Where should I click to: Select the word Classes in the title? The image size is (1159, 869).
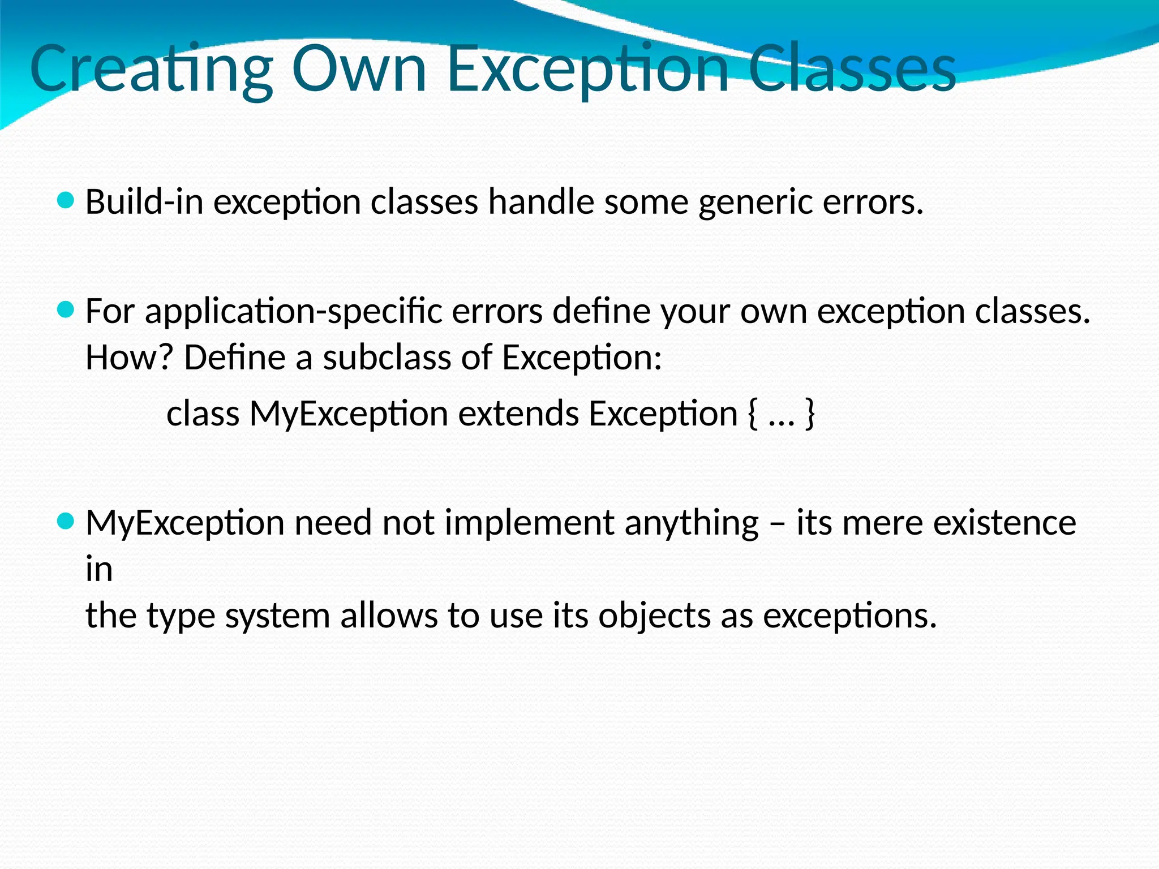[x=852, y=69]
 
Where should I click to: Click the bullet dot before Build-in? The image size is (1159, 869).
[x=66, y=200]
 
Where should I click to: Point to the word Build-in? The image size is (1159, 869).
[x=144, y=202]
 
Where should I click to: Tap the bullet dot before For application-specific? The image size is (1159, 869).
[x=66, y=309]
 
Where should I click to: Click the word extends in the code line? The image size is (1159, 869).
[x=518, y=414]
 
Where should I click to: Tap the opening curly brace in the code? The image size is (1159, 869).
[x=752, y=414]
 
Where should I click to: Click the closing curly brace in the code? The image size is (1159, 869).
[x=810, y=414]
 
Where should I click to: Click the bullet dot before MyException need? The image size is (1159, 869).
[x=66, y=521]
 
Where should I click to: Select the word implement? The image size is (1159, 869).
[x=529, y=523]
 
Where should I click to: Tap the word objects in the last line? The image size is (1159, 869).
[x=654, y=616]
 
